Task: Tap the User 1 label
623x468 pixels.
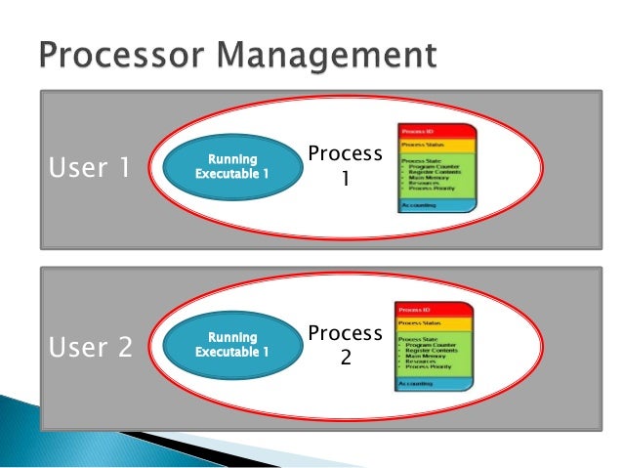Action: tap(88, 168)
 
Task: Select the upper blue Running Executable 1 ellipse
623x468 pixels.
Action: tap(231, 167)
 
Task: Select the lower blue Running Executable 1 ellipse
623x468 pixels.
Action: tap(231, 346)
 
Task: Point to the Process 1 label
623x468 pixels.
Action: tap(344, 167)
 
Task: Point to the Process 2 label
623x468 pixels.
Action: tap(344, 346)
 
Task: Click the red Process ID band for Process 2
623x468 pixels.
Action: tap(432, 310)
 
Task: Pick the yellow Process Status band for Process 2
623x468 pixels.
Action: tap(432, 322)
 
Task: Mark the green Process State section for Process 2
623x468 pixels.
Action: tap(432, 353)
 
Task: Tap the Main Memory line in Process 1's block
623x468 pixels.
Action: tap(430, 177)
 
